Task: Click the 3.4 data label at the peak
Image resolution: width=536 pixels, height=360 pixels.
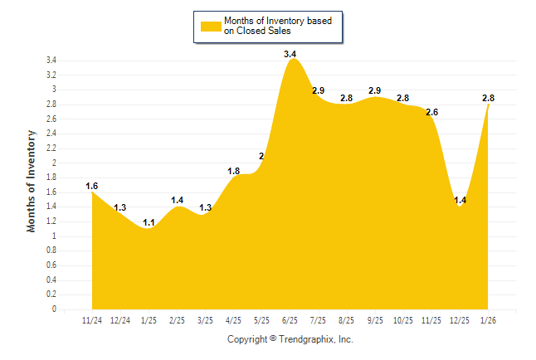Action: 290,54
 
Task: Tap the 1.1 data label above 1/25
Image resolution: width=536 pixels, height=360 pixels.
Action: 149,222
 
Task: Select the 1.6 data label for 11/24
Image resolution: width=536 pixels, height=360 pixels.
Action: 92,186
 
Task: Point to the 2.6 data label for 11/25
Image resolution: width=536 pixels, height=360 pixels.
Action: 431,112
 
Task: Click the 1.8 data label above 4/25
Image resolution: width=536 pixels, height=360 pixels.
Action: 233,171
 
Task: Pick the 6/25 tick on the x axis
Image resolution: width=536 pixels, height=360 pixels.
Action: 290,320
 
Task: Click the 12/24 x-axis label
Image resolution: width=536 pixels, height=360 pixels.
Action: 120,320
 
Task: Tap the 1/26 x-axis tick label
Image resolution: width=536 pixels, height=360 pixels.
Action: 489,320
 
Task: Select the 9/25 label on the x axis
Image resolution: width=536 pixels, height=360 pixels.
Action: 375,320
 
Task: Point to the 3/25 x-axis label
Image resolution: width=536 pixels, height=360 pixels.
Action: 205,320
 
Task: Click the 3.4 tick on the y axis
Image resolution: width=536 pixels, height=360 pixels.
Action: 51,61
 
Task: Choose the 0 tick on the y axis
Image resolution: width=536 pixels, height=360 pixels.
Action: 54,309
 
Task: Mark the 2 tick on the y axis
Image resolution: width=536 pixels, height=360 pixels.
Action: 54,163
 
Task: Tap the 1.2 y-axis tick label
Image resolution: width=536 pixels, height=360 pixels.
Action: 51,221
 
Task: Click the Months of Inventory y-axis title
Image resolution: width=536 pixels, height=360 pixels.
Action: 32,180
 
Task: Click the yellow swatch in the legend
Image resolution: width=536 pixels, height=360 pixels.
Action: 210,26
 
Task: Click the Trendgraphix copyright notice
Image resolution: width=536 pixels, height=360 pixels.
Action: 290,339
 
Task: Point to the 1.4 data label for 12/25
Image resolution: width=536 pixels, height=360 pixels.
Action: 460,200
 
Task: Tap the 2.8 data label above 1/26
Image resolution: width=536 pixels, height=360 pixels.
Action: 488,98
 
